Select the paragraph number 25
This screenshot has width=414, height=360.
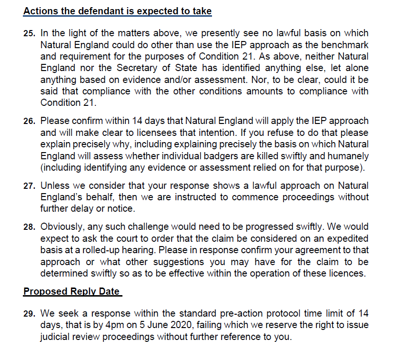pos(29,34)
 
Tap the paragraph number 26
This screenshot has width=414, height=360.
pos(29,122)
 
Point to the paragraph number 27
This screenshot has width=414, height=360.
pos(29,186)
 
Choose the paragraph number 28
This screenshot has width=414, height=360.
pos(29,227)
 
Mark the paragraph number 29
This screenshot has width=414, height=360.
pos(29,314)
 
